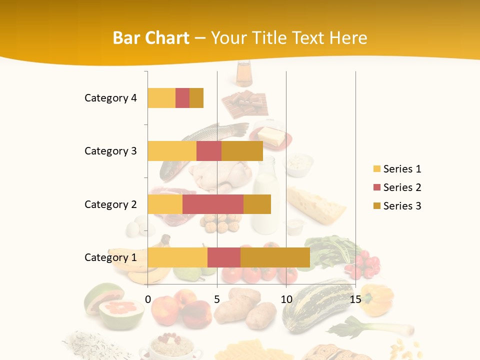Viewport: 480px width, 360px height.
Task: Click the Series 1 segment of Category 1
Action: [177, 257]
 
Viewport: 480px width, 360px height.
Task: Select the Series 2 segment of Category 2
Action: [213, 204]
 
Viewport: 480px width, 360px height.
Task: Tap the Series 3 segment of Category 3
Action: [242, 151]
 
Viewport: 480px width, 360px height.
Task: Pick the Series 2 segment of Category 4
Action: [182, 98]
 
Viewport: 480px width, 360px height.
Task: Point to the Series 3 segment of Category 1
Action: [275, 257]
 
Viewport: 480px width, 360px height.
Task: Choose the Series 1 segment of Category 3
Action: [172, 151]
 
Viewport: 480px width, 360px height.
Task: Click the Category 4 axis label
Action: [110, 98]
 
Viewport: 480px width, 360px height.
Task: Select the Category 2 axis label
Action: [110, 204]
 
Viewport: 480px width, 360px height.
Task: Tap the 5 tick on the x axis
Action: [217, 299]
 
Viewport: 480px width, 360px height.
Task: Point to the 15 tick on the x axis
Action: [355, 299]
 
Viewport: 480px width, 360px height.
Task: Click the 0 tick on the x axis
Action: [148, 299]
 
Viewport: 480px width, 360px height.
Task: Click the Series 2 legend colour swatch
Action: [377, 187]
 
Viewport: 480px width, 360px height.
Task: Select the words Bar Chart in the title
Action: [151, 38]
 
